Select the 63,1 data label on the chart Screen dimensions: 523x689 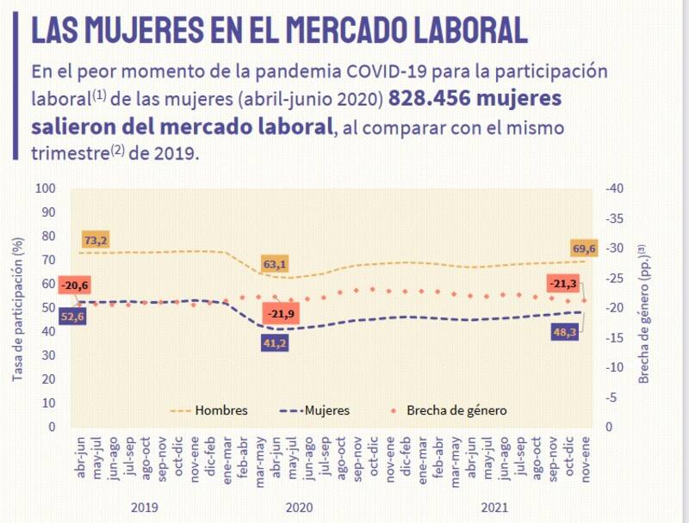click(276, 263)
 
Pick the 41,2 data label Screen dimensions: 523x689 click(276, 343)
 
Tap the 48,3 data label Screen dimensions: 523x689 click(565, 331)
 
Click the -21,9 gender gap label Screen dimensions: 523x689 click(280, 315)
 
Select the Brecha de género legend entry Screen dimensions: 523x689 click(460, 410)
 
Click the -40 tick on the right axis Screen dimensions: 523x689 click(616, 189)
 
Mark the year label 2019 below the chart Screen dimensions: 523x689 click(144, 508)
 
